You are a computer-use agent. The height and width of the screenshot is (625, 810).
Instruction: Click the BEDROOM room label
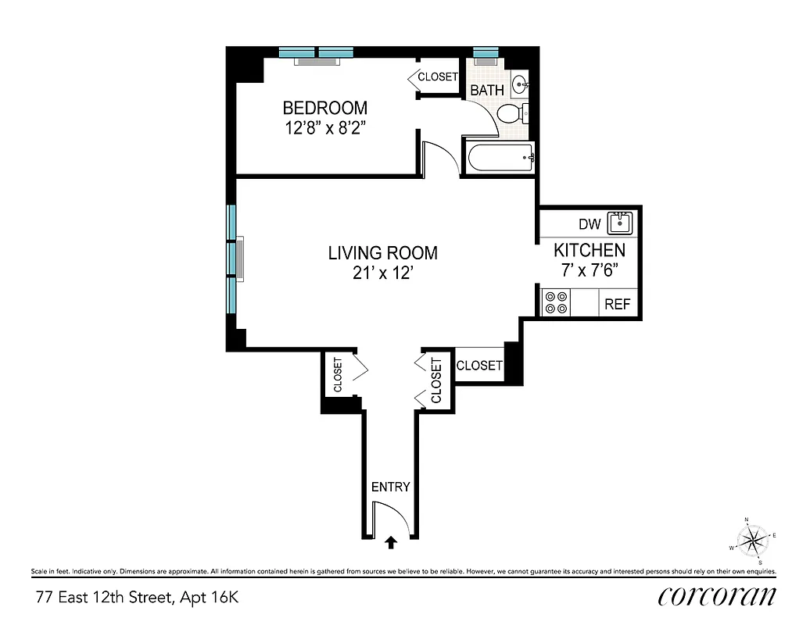click(x=324, y=108)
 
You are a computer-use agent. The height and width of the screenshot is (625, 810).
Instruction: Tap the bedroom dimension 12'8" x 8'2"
click(x=324, y=127)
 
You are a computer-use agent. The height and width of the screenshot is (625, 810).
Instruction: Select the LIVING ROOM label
click(x=382, y=253)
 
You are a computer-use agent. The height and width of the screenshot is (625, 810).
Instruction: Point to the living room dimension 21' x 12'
click(x=382, y=273)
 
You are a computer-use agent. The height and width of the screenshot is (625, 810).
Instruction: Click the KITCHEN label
click(x=590, y=251)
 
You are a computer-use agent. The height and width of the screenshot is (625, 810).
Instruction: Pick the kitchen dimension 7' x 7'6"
click(x=590, y=270)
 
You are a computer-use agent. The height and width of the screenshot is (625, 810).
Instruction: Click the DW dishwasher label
click(x=590, y=225)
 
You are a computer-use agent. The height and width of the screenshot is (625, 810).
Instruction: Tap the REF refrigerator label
click(x=617, y=305)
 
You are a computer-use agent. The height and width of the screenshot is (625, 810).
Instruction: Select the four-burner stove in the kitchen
click(x=556, y=303)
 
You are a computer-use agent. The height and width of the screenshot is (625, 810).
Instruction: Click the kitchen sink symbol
click(x=621, y=223)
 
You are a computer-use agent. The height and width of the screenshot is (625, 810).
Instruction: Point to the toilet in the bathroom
click(x=512, y=114)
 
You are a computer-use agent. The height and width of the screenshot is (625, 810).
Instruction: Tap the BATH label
click(x=486, y=91)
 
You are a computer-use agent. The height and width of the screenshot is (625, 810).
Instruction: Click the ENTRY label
click(x=390, y=487)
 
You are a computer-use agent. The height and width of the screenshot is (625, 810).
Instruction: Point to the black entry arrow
click(x=391, y=540)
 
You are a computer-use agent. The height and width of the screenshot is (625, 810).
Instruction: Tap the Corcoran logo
click(x=717, y=597)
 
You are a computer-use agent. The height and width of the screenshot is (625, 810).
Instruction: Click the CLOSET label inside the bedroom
click(x=438, y=77)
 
